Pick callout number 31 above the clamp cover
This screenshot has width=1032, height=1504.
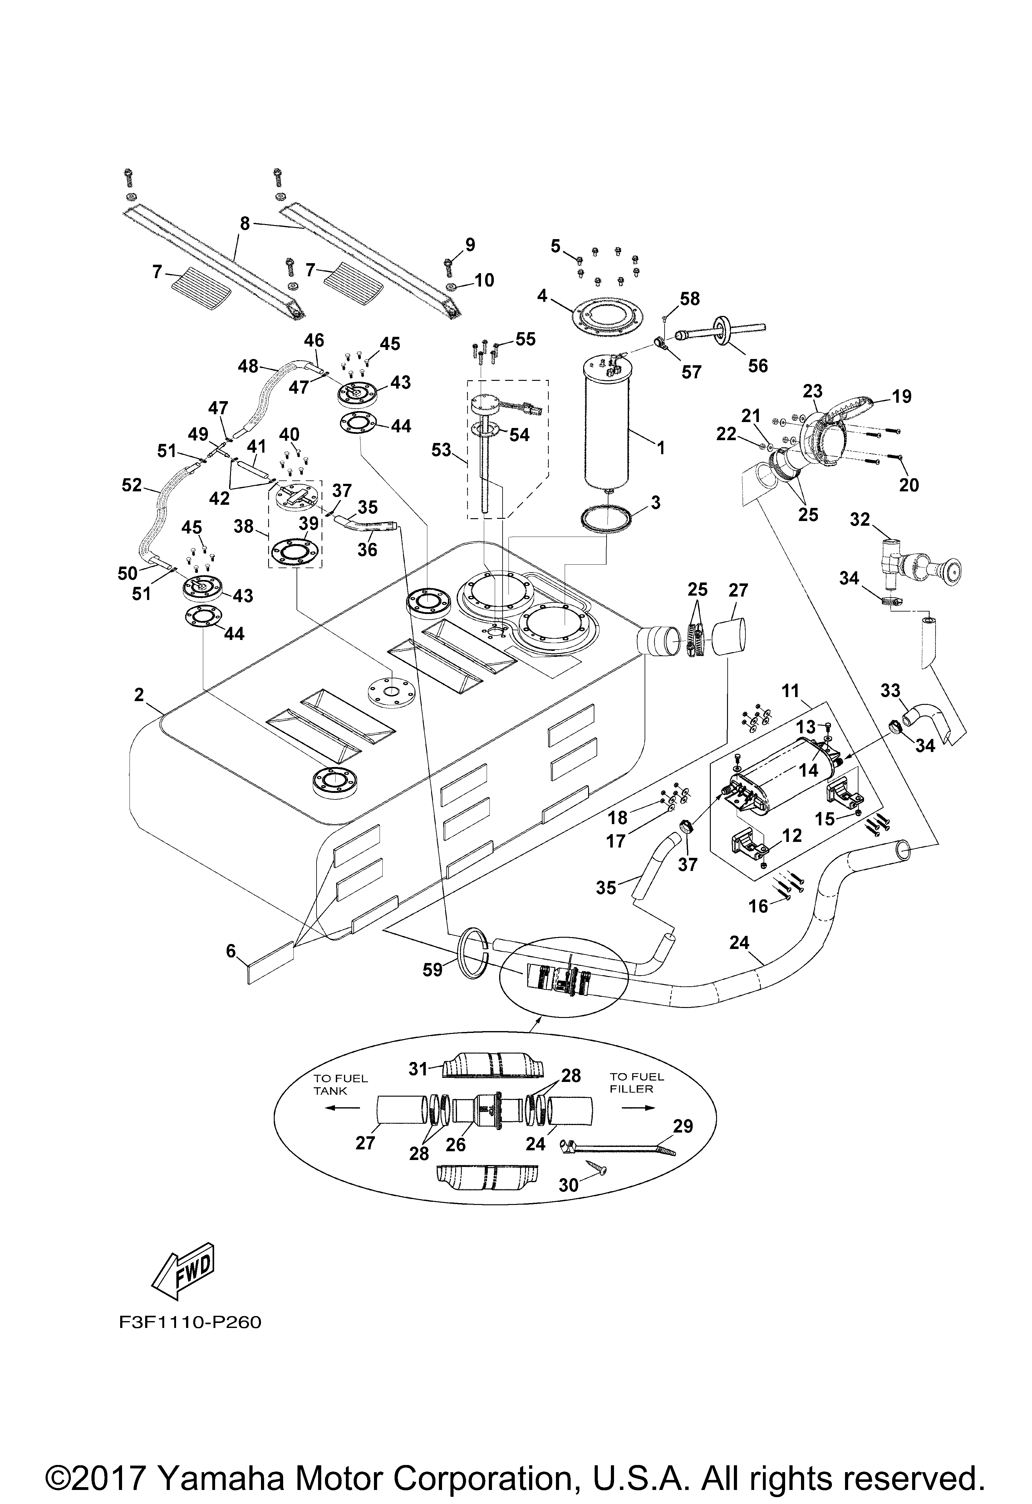pos(419,1069)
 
